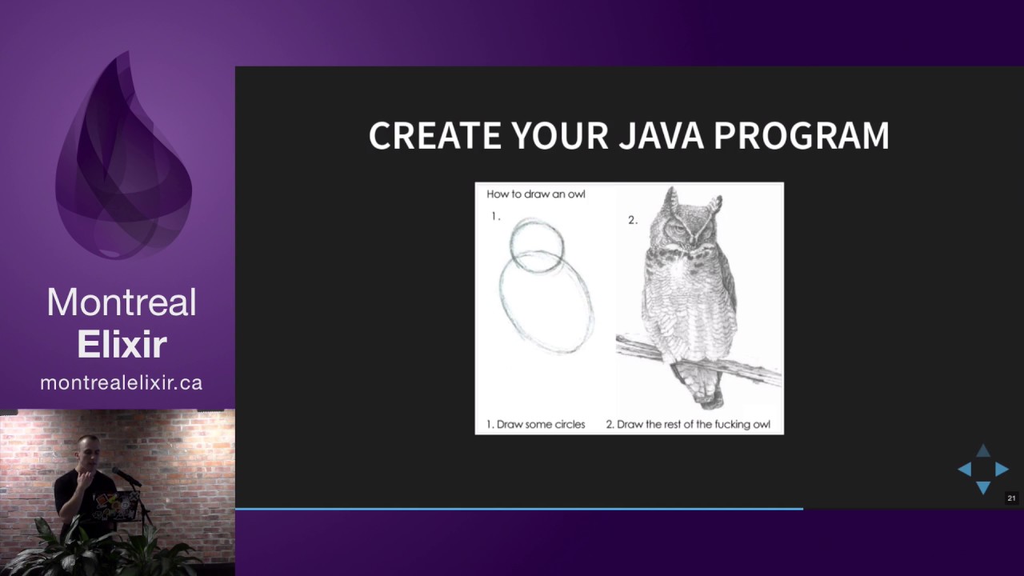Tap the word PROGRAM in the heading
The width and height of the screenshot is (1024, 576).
pos(801,136)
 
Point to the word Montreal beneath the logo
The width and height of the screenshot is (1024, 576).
pos(122,303)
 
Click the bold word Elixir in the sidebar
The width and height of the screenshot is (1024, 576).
pos(122,345)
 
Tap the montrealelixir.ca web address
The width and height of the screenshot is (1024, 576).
pos(122,383)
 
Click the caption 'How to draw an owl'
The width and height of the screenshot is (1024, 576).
pos(536,194)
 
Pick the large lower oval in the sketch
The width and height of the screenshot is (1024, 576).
pos(547,302)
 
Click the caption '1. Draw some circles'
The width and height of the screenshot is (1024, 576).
pos(536,425)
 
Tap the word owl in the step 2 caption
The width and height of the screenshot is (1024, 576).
pos(760,425)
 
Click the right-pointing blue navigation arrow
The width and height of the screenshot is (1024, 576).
pos(1002,470)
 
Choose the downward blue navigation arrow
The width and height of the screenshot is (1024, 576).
pos(983,487)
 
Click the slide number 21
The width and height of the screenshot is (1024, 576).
pos(1011,498)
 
